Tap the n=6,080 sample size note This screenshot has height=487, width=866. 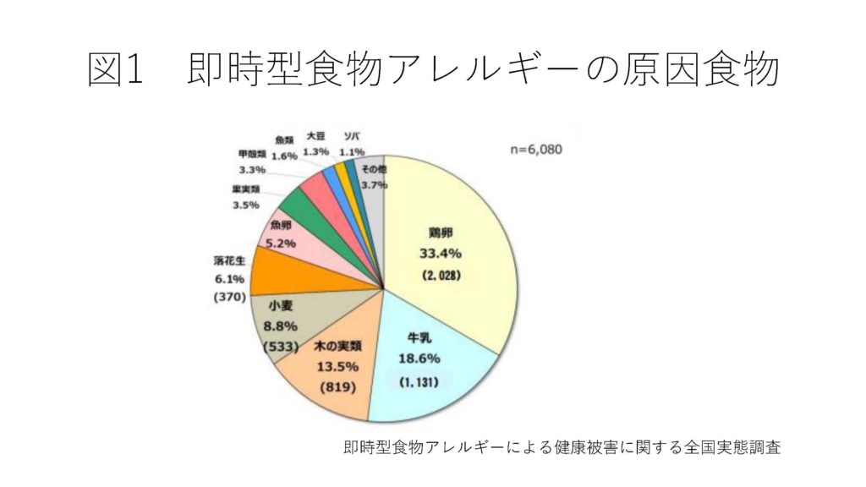coord(535,150)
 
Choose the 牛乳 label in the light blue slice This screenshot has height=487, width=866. coord(420,338)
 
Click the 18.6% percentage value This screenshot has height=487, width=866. coord(420,358)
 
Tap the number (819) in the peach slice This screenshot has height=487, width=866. coord(337,388)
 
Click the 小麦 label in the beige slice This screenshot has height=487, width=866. coord(280,306)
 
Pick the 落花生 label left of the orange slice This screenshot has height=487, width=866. coord(229,260)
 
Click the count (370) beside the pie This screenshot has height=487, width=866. coord(229,297)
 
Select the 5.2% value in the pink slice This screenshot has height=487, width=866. coord(281,243)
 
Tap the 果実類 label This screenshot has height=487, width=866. coord(246,189)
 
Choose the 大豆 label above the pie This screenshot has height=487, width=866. coord(315,135)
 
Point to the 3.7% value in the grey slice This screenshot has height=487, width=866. coord(373,184)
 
